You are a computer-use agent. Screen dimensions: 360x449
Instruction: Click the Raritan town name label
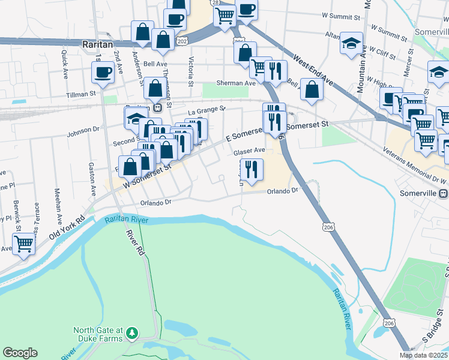click(98, 44)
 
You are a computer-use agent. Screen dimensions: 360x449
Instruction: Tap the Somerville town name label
click(418, 194)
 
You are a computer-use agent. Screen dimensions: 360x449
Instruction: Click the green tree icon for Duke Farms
click(132, 332)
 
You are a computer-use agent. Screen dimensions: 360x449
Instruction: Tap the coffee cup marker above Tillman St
click(103, 74)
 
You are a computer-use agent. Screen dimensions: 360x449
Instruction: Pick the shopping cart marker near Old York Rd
click(24, 244)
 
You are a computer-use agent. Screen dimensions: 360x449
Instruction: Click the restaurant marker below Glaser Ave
click(252, 169)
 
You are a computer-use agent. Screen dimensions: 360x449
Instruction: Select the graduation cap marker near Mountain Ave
click(351, 43)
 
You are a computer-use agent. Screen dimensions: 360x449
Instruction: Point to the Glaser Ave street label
click(249, 151)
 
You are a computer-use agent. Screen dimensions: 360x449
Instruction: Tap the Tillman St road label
click(81, 94)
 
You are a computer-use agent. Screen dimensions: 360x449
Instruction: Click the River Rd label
click(136, 241)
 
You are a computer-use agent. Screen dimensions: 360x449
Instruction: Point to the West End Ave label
click(313, 71)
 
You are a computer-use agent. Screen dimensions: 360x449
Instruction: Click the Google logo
click(20, 353)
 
